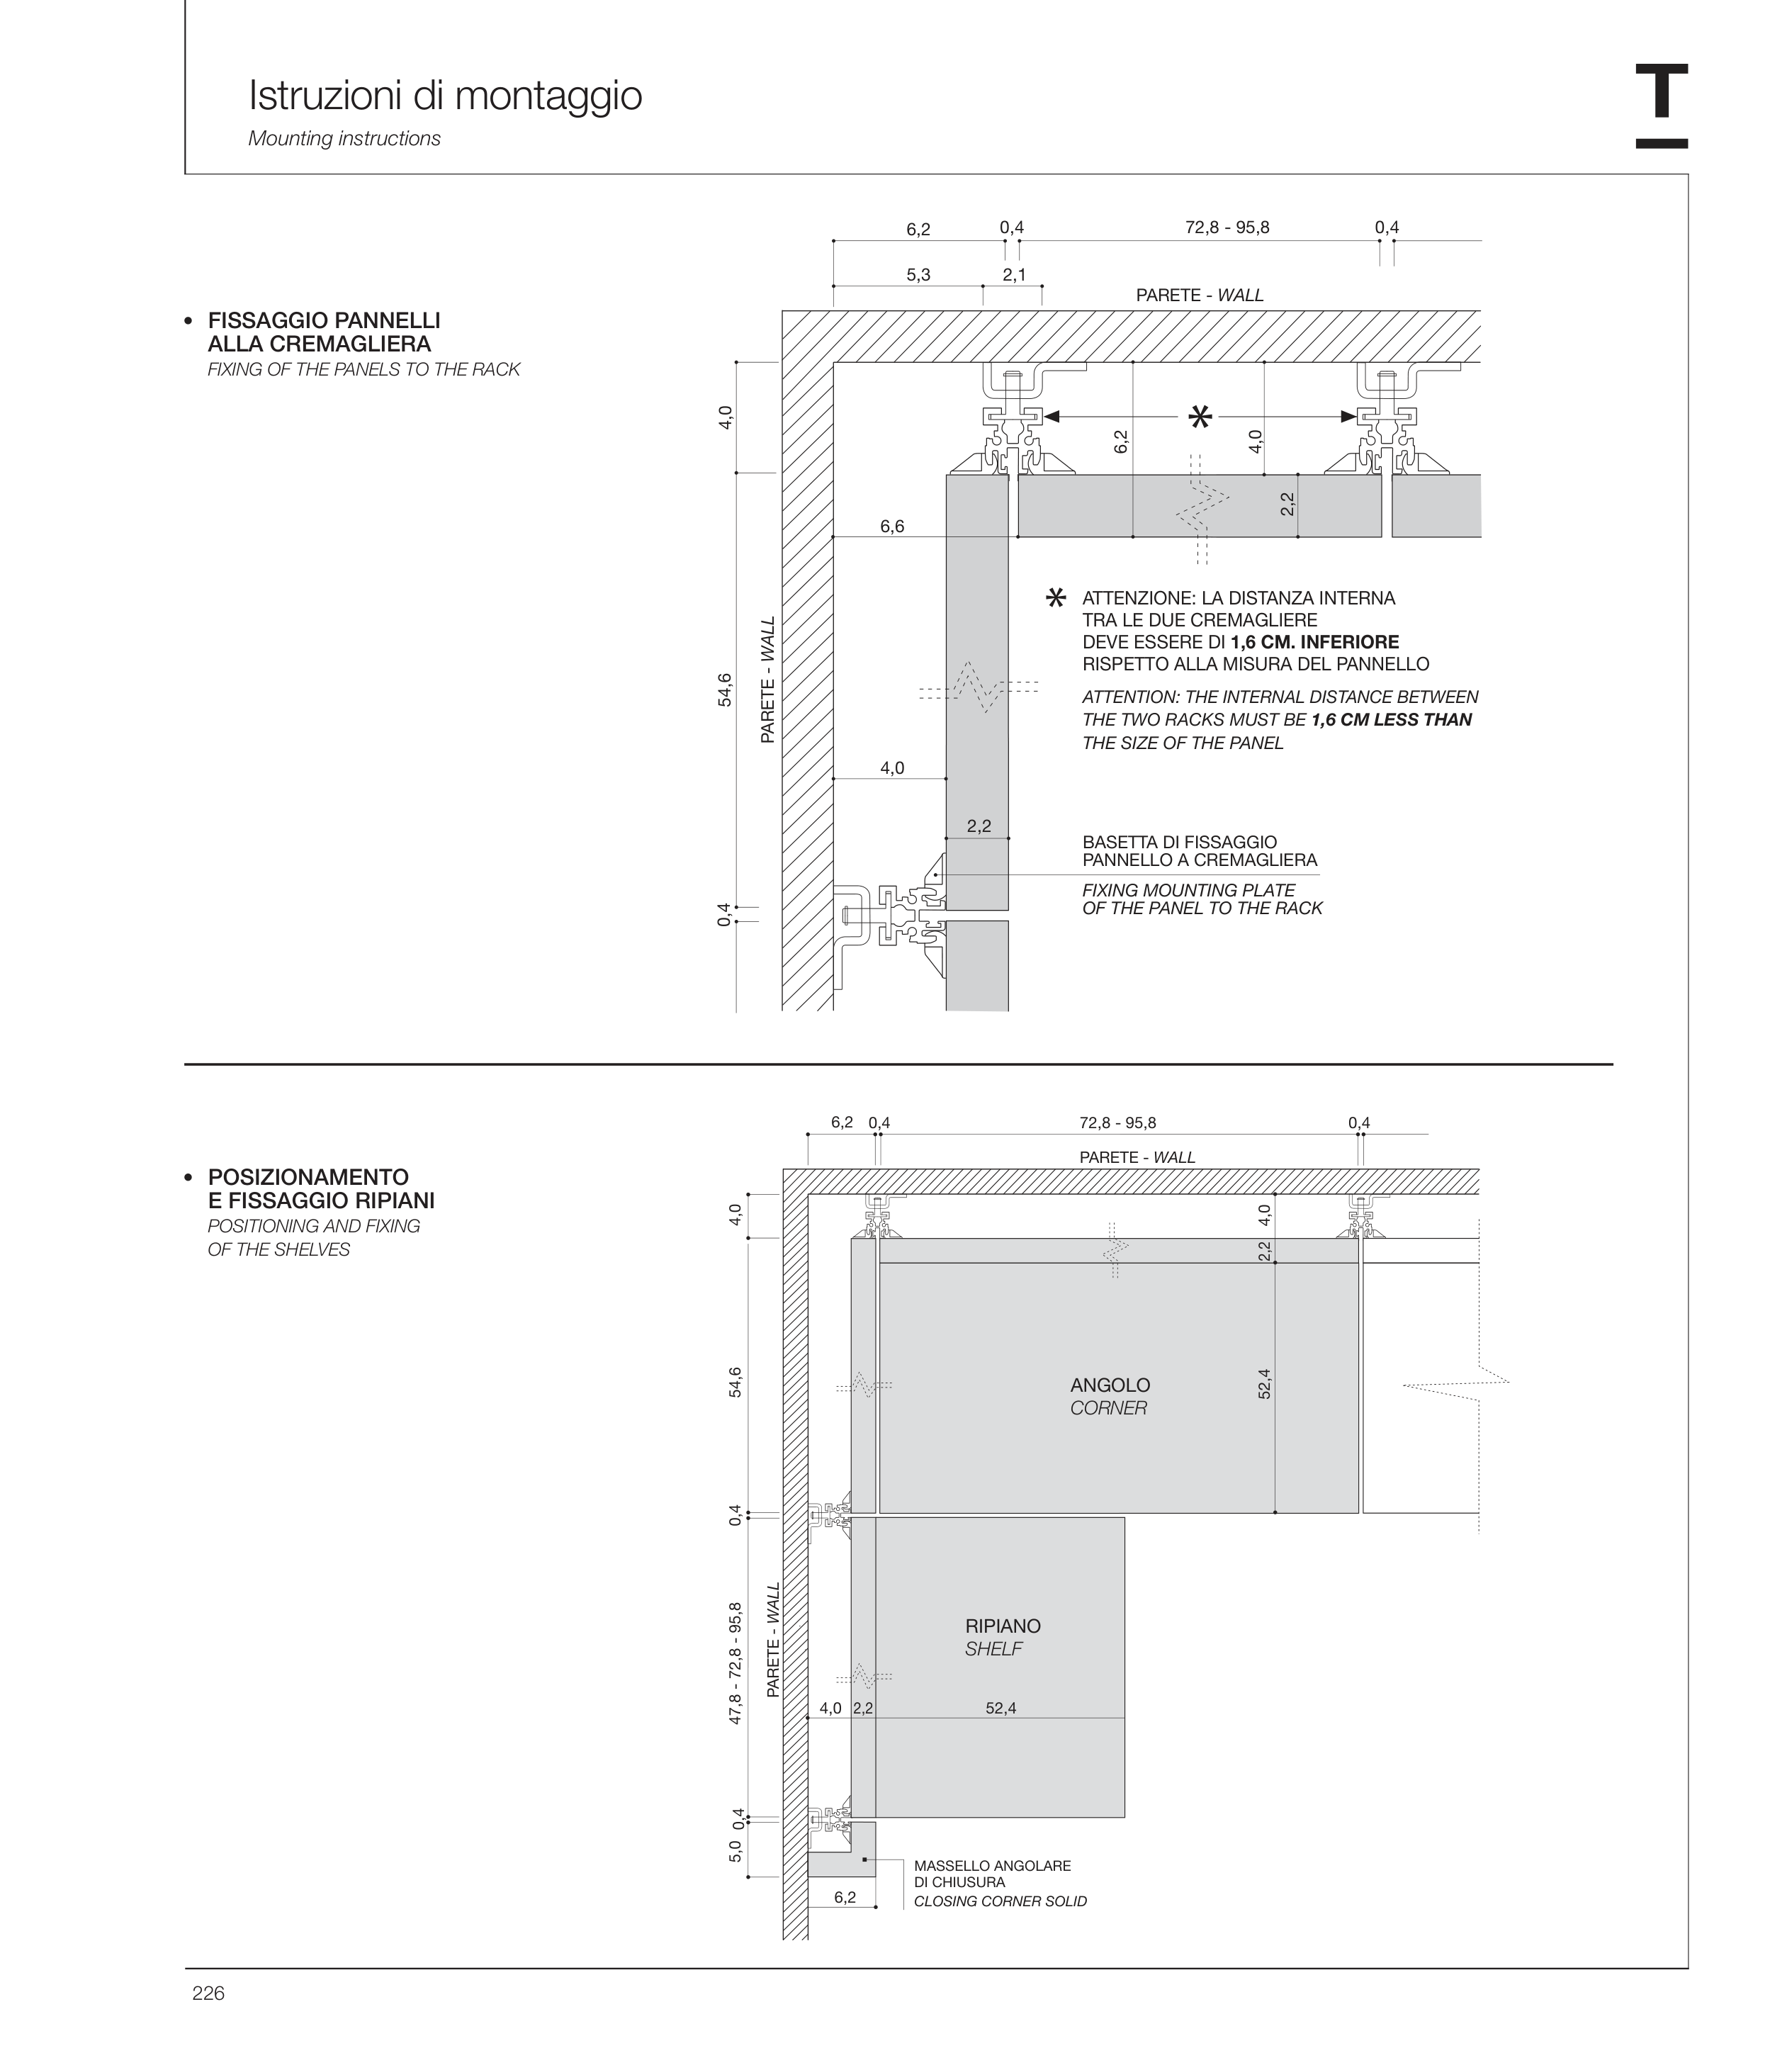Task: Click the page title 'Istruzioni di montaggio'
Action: (x=444, y=96)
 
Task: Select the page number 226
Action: (x=208, y=1992)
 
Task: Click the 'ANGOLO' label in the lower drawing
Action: (x=1109, y=1385)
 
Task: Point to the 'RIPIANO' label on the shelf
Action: (x=1003, y=1626)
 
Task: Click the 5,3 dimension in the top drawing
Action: (x=918, y=275)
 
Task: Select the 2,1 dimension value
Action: (x=1013, y=275)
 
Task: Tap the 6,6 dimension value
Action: (x=892, y=527)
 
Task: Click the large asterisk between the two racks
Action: (x=1201, y=417)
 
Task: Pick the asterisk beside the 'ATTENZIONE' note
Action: (x=1054, y=598)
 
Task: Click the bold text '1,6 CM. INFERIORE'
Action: (x=1314, y=642)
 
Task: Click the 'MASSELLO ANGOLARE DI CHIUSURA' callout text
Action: (x=991, y=1874)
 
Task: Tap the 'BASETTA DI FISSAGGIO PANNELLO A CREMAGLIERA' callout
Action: (x=1199, y=851)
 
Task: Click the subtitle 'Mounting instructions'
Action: (x=344, y=138)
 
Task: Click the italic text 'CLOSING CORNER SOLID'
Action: (x=1000, y=1901)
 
